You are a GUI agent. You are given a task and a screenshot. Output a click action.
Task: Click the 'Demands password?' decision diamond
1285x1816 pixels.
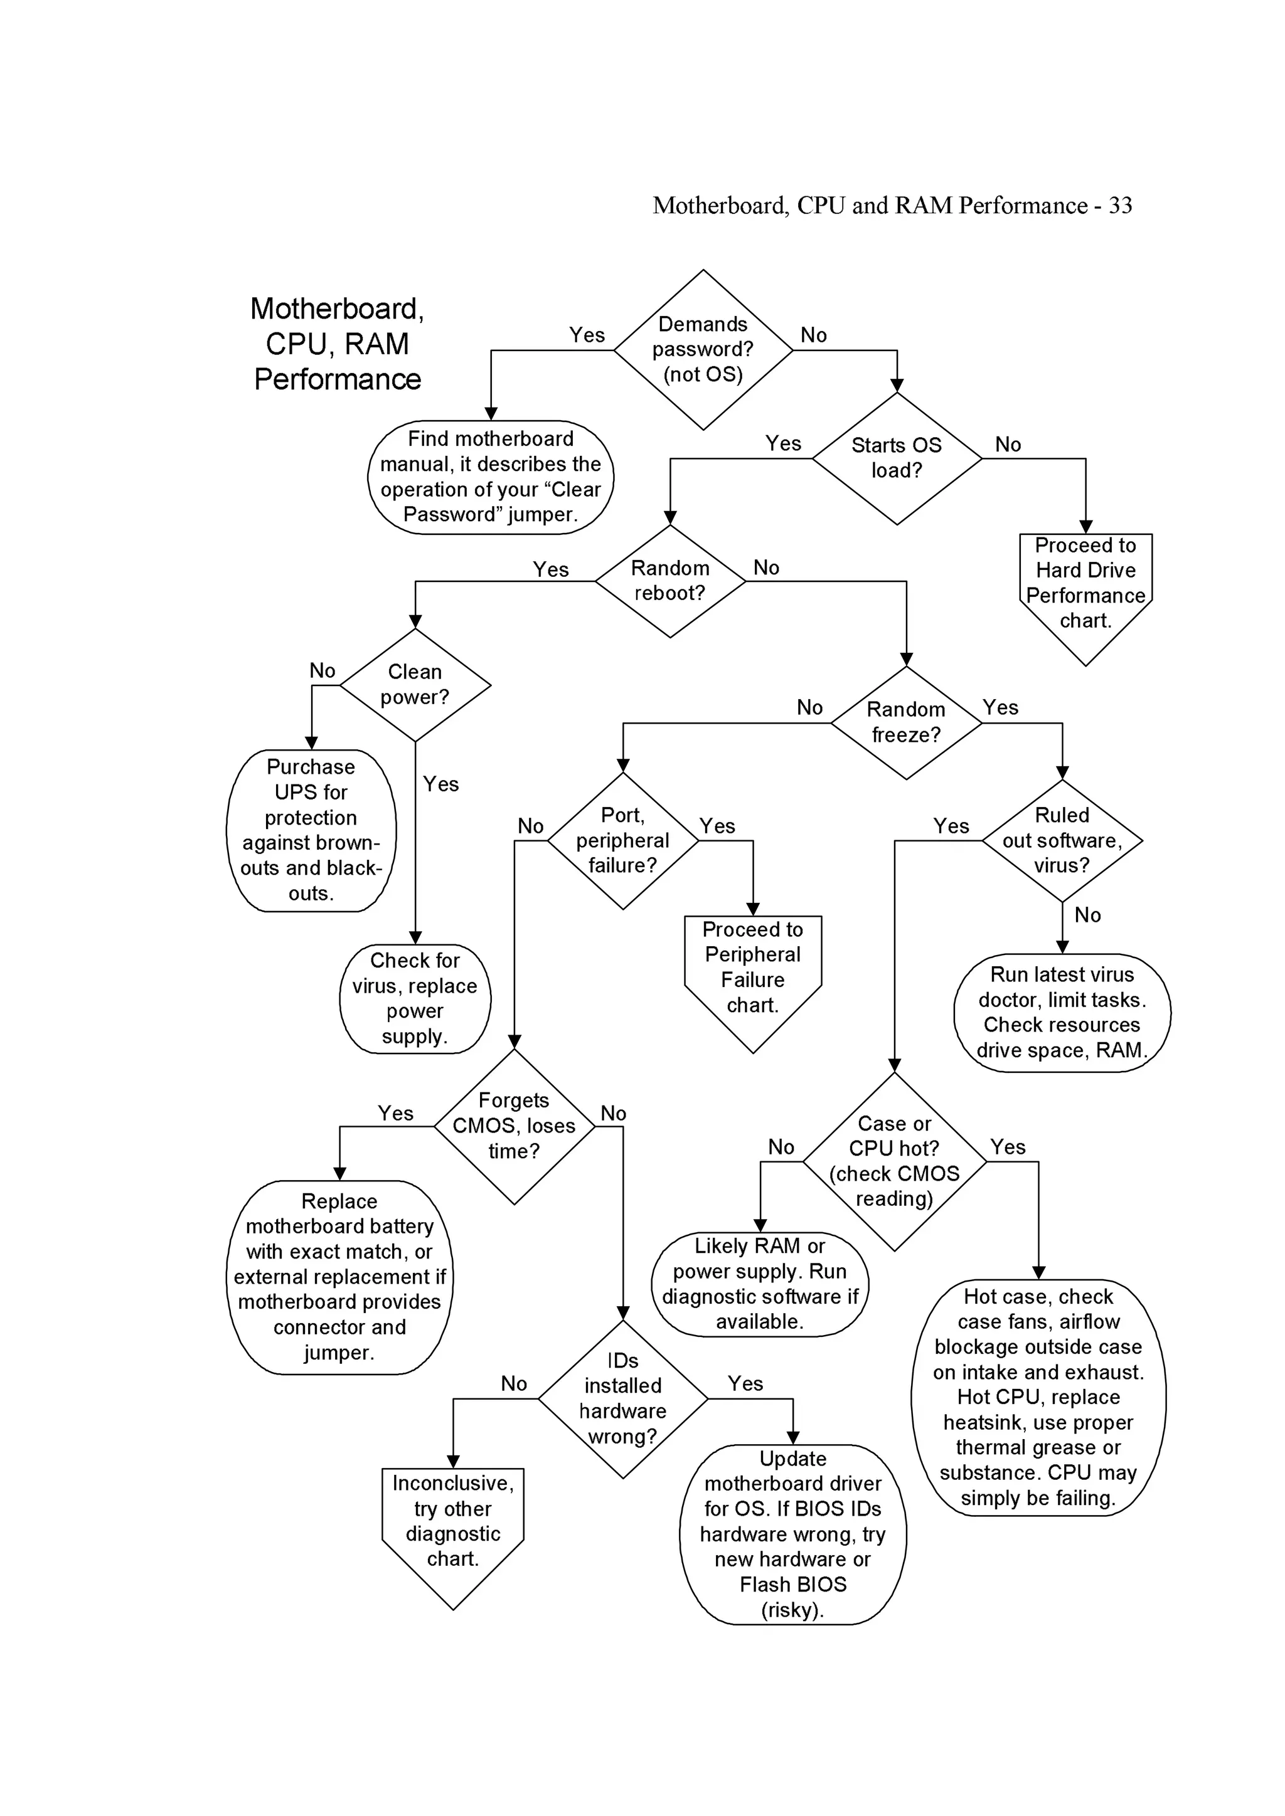[703, 350]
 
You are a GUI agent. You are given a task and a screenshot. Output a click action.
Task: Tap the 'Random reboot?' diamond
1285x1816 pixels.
[669, 581]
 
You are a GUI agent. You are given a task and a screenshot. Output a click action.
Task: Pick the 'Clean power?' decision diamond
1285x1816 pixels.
[415, 685]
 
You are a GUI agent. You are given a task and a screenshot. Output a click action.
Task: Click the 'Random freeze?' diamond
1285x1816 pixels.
[906, 722]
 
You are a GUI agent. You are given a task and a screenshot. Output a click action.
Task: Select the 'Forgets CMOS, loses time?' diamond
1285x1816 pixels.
[515, 1126]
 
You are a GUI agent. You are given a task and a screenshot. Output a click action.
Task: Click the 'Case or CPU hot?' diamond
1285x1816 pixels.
[894, 1161]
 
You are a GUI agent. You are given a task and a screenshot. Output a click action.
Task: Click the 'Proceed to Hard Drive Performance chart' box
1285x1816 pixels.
[1085, 585]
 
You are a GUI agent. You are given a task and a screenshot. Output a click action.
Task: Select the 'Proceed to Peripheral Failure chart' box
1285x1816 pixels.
[752, 969]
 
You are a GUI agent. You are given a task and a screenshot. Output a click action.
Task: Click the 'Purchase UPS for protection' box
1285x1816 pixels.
[311, 830]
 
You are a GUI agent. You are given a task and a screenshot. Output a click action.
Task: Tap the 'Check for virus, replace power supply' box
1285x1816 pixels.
[415, 998]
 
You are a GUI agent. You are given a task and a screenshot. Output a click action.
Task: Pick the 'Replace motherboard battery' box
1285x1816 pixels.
[339, 1277]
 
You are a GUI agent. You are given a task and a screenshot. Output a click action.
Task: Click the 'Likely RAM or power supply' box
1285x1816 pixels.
[760, 1283]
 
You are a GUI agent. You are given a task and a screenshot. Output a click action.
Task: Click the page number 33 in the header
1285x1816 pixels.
[1121, 206]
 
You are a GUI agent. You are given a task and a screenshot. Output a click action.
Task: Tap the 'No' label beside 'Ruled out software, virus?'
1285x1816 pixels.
[1087, 915]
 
